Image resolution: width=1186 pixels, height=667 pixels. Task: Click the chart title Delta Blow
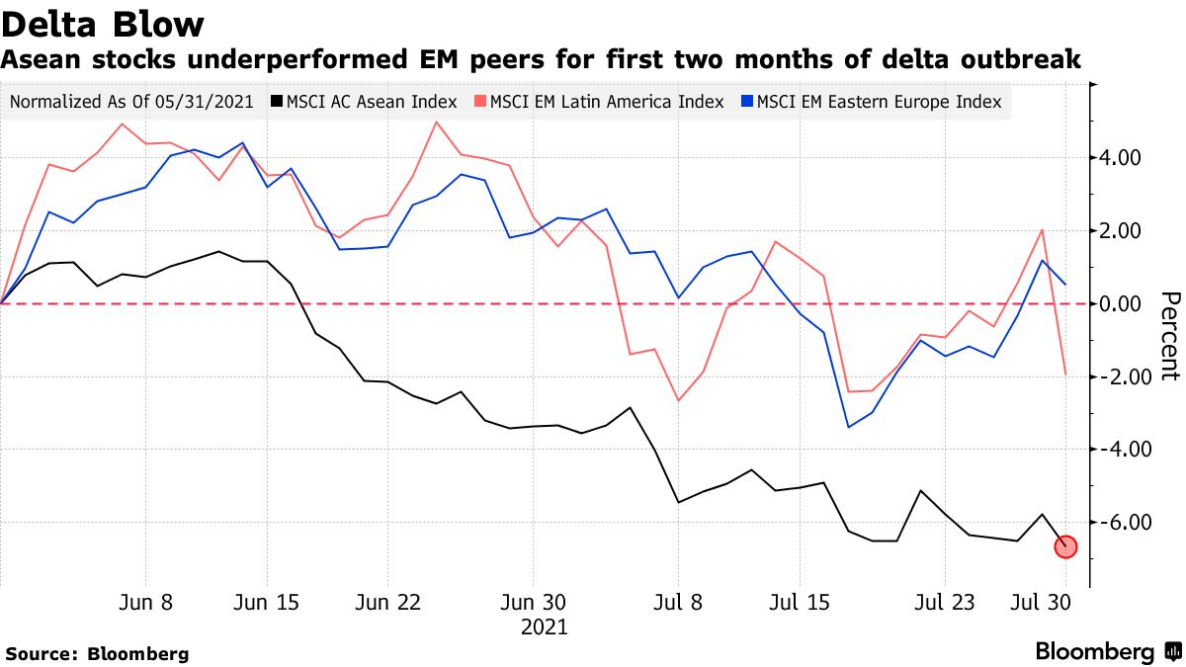[103, 24]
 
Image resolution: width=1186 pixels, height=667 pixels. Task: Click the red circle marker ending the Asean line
[1065, 546]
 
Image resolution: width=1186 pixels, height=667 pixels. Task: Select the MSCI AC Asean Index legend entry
[365, 102]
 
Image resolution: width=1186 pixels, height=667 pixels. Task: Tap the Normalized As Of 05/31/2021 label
[130, 102]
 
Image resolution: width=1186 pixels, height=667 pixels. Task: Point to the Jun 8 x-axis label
[146, 602]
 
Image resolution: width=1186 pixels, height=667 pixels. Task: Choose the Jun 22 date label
[386, 602]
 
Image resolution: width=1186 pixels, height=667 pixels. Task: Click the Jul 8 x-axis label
[678, 602]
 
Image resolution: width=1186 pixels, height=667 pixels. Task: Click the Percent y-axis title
[1169, 336]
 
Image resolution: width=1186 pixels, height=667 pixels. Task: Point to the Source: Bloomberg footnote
[97, 653]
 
